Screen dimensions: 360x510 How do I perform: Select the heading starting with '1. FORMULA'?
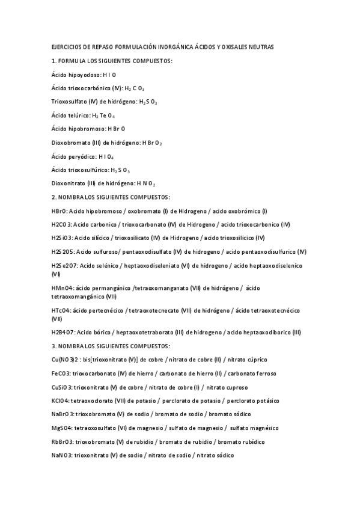(x=112, y=61)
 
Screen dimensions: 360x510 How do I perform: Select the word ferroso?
(x=264, y=373)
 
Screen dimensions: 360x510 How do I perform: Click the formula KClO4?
(x=61, y=401)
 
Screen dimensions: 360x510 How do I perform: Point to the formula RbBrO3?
(x=63, y=442)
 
